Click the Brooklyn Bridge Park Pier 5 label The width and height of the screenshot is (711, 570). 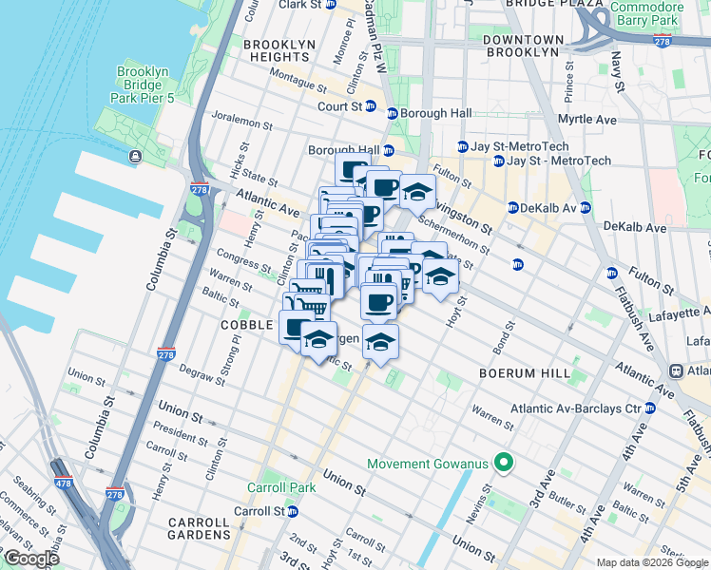143,85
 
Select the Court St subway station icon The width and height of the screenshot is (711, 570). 370,106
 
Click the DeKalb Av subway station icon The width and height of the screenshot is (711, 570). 512,207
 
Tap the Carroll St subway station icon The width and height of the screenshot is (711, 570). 293,510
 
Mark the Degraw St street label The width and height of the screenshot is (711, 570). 201,377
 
